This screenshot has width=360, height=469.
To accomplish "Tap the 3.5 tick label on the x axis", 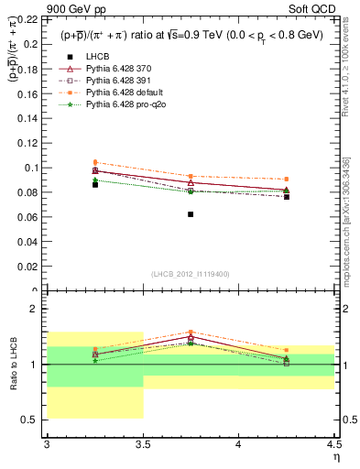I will click(x=143, y=444).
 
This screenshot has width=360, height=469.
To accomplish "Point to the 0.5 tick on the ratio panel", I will click(x=33, y=420).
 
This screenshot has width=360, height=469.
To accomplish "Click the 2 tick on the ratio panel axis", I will click(x=37, y=310).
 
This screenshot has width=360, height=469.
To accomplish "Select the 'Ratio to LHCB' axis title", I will click(x=13, y=365).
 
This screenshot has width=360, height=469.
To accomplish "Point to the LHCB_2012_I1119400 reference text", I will click(x=191, y=273).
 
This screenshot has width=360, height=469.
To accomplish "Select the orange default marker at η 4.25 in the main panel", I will click(x=287, y=180).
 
